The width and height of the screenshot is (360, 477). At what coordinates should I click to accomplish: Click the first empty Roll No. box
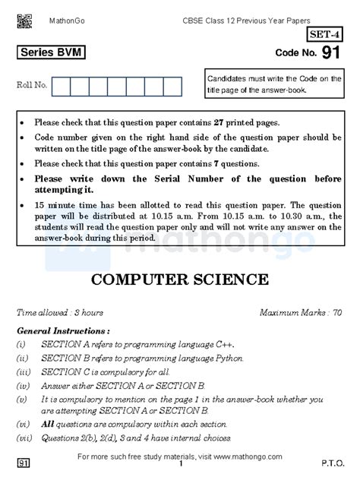(x=61, y=86)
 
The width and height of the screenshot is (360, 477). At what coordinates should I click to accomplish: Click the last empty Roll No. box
(x=172, y=86)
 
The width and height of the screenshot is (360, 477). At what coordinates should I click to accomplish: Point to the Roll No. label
(x=31, y=86)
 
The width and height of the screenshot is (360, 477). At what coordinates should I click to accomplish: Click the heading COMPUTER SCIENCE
(x=179, y=278)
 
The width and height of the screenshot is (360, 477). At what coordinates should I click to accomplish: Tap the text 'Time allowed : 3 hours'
(x=60, y=312)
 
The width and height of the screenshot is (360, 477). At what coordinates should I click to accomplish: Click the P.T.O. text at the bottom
(x=333, y=462)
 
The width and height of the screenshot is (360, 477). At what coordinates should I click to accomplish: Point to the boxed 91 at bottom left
(x=24, y=462)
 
